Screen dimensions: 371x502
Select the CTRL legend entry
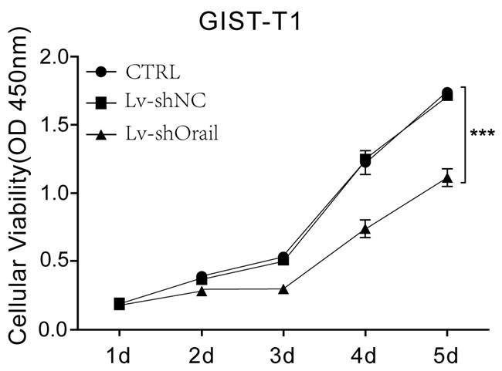[153, 73]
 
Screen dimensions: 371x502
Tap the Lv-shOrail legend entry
[171, 134]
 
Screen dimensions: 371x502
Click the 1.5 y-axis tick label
[52, 125]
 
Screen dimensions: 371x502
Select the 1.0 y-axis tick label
[52, 193]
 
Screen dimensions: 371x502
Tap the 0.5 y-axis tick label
[52, 261]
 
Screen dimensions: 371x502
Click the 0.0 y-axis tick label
[52, 329]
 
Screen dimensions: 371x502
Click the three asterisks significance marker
[483, 133]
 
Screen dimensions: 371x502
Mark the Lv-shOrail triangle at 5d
[447, 177]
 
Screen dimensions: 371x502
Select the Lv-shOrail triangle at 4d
[365, 229]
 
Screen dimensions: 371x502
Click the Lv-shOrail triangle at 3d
[283, 289]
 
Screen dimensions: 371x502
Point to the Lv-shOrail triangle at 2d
[202, 290]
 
